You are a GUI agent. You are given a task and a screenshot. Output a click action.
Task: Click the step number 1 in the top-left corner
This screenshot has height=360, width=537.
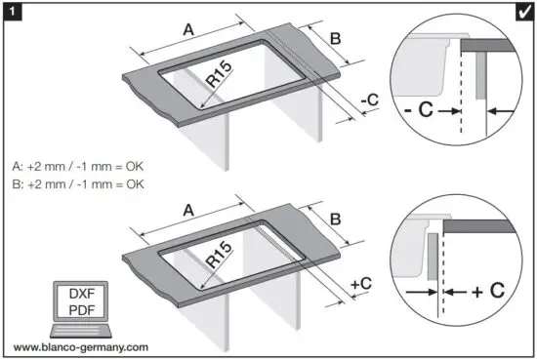pyautogui.click(x=11, y=11)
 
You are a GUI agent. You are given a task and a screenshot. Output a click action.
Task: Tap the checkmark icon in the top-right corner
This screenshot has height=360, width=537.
pyautogui.click(x=524, y=11)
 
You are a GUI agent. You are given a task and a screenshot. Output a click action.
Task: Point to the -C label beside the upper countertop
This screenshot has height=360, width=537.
pyautogui.click(x=369, y=100)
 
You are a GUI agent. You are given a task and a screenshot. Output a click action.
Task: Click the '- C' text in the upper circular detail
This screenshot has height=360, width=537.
pyautogui.click(x=420, y=111)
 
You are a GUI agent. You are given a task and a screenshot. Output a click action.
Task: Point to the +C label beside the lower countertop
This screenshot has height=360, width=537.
pyautogui.click(x=361, y=284)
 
